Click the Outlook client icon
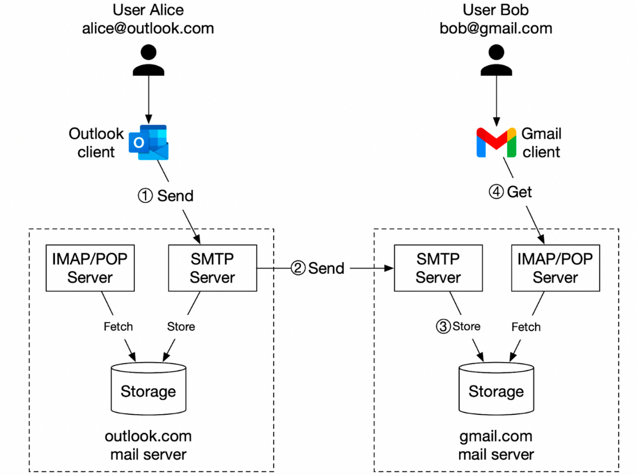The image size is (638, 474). pyautogui.click(x=149, y=143)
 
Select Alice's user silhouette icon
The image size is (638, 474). pyautogui.click(x=149, y=60)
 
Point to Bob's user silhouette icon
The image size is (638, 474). pyautogui.click(x=496, y=60)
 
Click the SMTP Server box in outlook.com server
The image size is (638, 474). pyautogui.click(x=213, y=268)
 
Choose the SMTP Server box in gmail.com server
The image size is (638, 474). pyautogui.click(x=438, y=268)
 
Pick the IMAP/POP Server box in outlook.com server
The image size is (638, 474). pyautogui.click(x=90, y=268)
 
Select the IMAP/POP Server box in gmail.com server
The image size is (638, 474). pyautogui.click(x=555, y=268)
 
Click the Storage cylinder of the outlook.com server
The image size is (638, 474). pyautogui.click(x=149, y=389)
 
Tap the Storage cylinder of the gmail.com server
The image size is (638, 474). pyautogui.click(x=496, y=389)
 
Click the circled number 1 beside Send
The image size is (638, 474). pyautogui.click(x=145, y=196)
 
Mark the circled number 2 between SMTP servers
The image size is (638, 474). pyautogui.click(x=298, y=268)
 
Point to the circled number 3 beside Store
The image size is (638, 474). pyautogui.click(x=443, y=326)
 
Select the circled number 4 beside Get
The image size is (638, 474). pyautogui.click(x=496, y=192)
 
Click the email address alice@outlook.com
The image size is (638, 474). pyautogui.click(x=148, y=28)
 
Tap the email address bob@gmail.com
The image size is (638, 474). pyautogui.click(x=496, y=28)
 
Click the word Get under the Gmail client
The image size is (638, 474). pyautogui.click(x=519, y=192)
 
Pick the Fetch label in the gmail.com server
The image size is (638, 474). pyautogui.click(x=526, y=327)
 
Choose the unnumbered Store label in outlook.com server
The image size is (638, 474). pyautogui.click(x=181, y=326)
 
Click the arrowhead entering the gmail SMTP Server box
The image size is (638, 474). pyautogui.click(x=389, y=268)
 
